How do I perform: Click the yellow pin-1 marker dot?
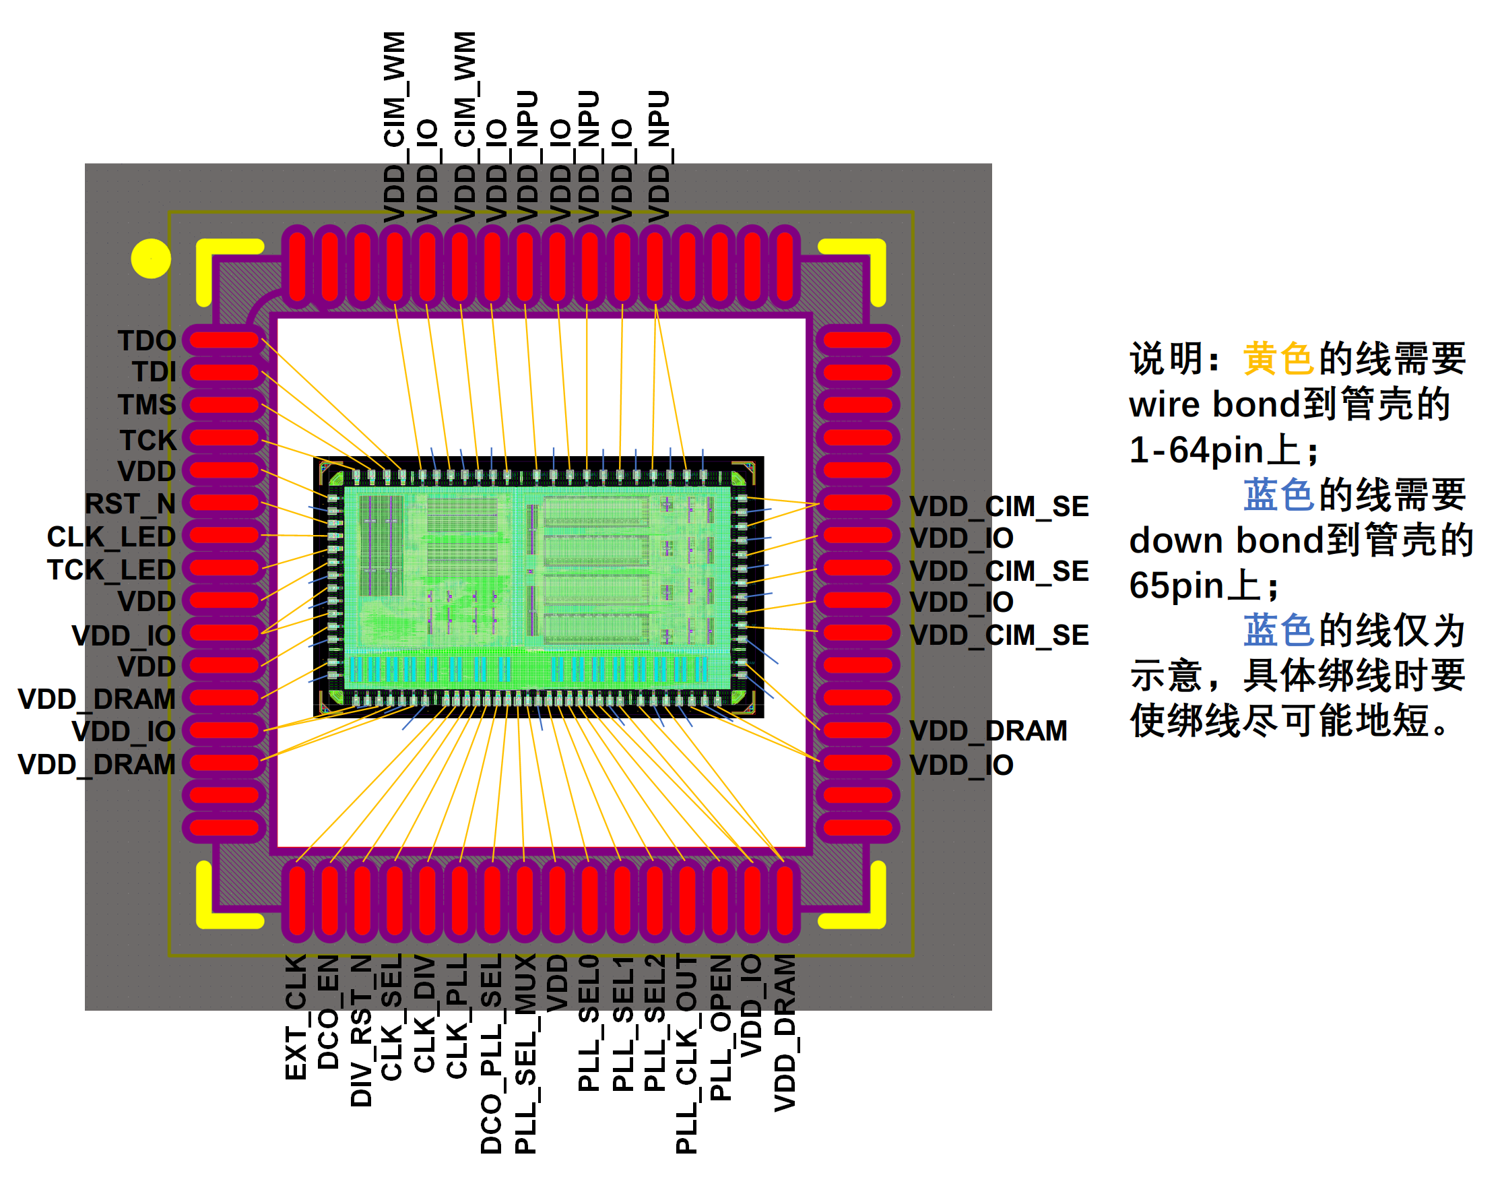tap(150, 259)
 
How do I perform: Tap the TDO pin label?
tap(146, 341)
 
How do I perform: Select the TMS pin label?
tap(146, 405)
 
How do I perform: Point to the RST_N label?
tap(129, 503)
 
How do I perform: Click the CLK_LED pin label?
tap(110, 536)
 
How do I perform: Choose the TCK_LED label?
tap(110, 569)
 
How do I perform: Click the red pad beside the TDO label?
tap(224, 340)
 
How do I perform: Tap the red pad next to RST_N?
tap(224, 502)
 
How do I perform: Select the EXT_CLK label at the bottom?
tap(296, 1017)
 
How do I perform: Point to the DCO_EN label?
tap(328, 1011)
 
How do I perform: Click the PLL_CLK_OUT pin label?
tap(686, 1053)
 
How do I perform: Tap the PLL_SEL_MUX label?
tap(525, 1053)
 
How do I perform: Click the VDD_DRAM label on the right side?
tap(988, 730)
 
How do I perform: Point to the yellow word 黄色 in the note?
tap(1278, 359)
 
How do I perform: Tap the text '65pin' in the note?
tap(1176, 586)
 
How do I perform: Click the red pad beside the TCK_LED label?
tap(224, 567)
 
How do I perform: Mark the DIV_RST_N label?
tap(361, 1030)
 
